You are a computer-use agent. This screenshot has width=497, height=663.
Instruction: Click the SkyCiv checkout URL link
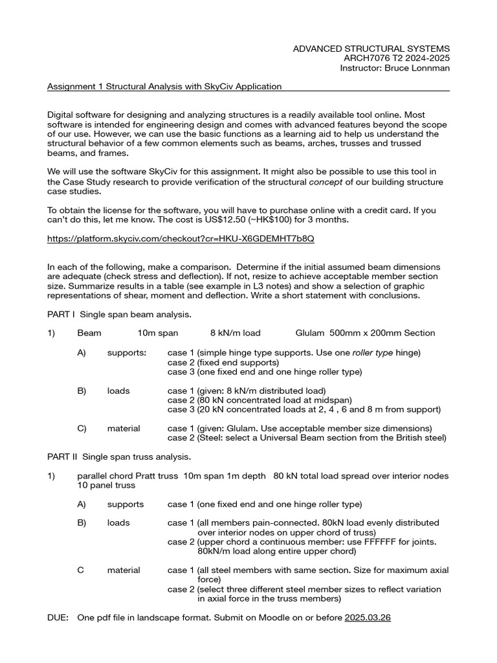click(x=181, y=238)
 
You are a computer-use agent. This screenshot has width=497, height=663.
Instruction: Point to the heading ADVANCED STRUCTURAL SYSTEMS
click(x=371, y=49)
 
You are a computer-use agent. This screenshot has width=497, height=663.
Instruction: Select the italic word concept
click(x=324, y=182)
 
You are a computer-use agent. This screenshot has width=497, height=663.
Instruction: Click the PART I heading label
click(x=61, y=315)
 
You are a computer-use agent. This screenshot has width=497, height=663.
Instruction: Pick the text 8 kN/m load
click(x=235, y=333)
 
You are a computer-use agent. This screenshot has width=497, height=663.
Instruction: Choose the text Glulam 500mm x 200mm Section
click(x=365, y=333)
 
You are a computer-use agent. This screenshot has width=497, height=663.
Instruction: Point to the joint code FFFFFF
click(x=377, y=541)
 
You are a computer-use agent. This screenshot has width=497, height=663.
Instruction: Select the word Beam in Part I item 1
click(x=89, y=333)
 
